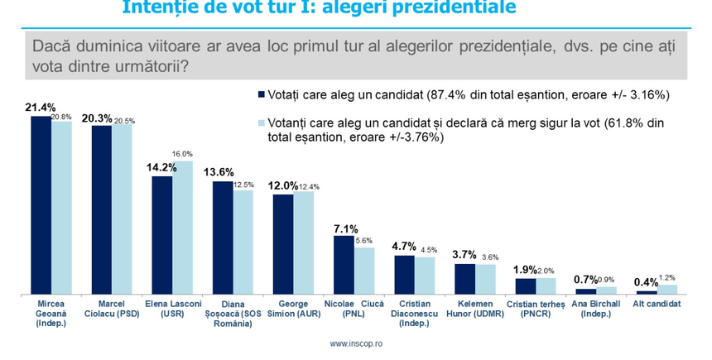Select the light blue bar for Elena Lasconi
(x=182, y=228)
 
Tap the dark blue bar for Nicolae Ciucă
(x=344, y=265)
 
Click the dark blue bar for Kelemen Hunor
(x=464, y=279)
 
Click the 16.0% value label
(x=183, y=154)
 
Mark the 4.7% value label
(x=403, y=247)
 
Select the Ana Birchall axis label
(x=594, y=308)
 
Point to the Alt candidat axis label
(x=657, y=304)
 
